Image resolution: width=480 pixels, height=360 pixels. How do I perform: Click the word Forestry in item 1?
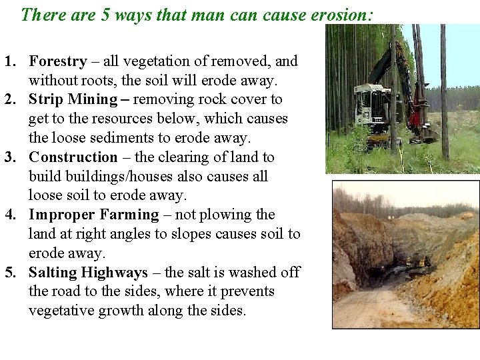coord(58,61)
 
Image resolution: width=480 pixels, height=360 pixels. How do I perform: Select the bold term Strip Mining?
coord(73,100)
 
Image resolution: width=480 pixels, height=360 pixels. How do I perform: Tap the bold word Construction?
coord(73,157)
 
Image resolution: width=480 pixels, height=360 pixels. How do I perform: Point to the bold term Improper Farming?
coord(94,215)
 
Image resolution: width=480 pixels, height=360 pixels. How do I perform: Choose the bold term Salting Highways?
coord(88,273)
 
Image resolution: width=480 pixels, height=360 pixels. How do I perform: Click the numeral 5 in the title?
coord(105,14)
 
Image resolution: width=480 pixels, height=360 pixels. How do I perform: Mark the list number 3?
coord(10,157)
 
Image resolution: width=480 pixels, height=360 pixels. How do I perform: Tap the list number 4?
coord(10,215)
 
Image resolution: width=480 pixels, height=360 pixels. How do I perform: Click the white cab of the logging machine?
coord(369,103)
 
